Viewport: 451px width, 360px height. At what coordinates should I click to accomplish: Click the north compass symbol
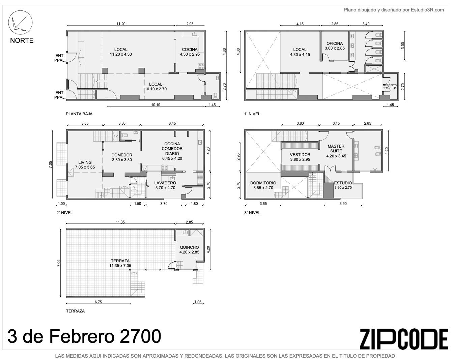click(20, 22)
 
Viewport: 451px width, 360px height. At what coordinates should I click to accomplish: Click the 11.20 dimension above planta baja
click(121, 24)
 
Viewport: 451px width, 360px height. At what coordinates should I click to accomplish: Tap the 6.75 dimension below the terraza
click(98, 302)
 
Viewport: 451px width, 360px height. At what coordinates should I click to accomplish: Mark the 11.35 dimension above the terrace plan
click(120, 222)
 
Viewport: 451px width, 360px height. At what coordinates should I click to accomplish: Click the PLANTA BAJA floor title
click(79, 114)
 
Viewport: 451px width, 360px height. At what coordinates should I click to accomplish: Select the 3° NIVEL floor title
click(252, 213)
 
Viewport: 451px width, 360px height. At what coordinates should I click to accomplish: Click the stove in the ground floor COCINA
click(201, 66)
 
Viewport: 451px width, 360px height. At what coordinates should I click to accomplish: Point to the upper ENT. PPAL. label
click(60, 58)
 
